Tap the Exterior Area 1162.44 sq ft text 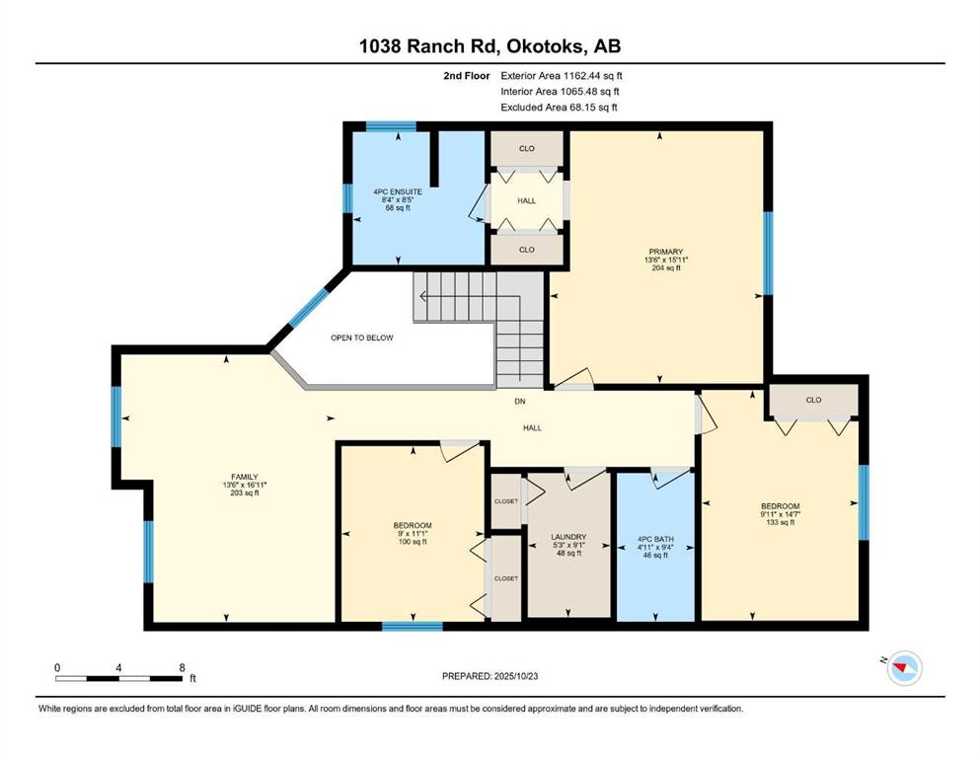562,76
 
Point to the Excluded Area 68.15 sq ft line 559,107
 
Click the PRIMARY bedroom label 665,252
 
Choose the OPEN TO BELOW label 362,338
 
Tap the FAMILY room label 245,477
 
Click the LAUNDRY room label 568,537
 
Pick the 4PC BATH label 655,539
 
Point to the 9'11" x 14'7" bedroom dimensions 781,514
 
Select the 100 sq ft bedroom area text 413,542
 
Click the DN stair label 520,401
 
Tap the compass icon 905,667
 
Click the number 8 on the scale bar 182,667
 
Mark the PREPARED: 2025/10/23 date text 490,676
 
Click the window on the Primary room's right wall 768,253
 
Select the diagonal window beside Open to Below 307,308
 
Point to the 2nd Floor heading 467,76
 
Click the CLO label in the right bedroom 813,400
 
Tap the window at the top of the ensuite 391,126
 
